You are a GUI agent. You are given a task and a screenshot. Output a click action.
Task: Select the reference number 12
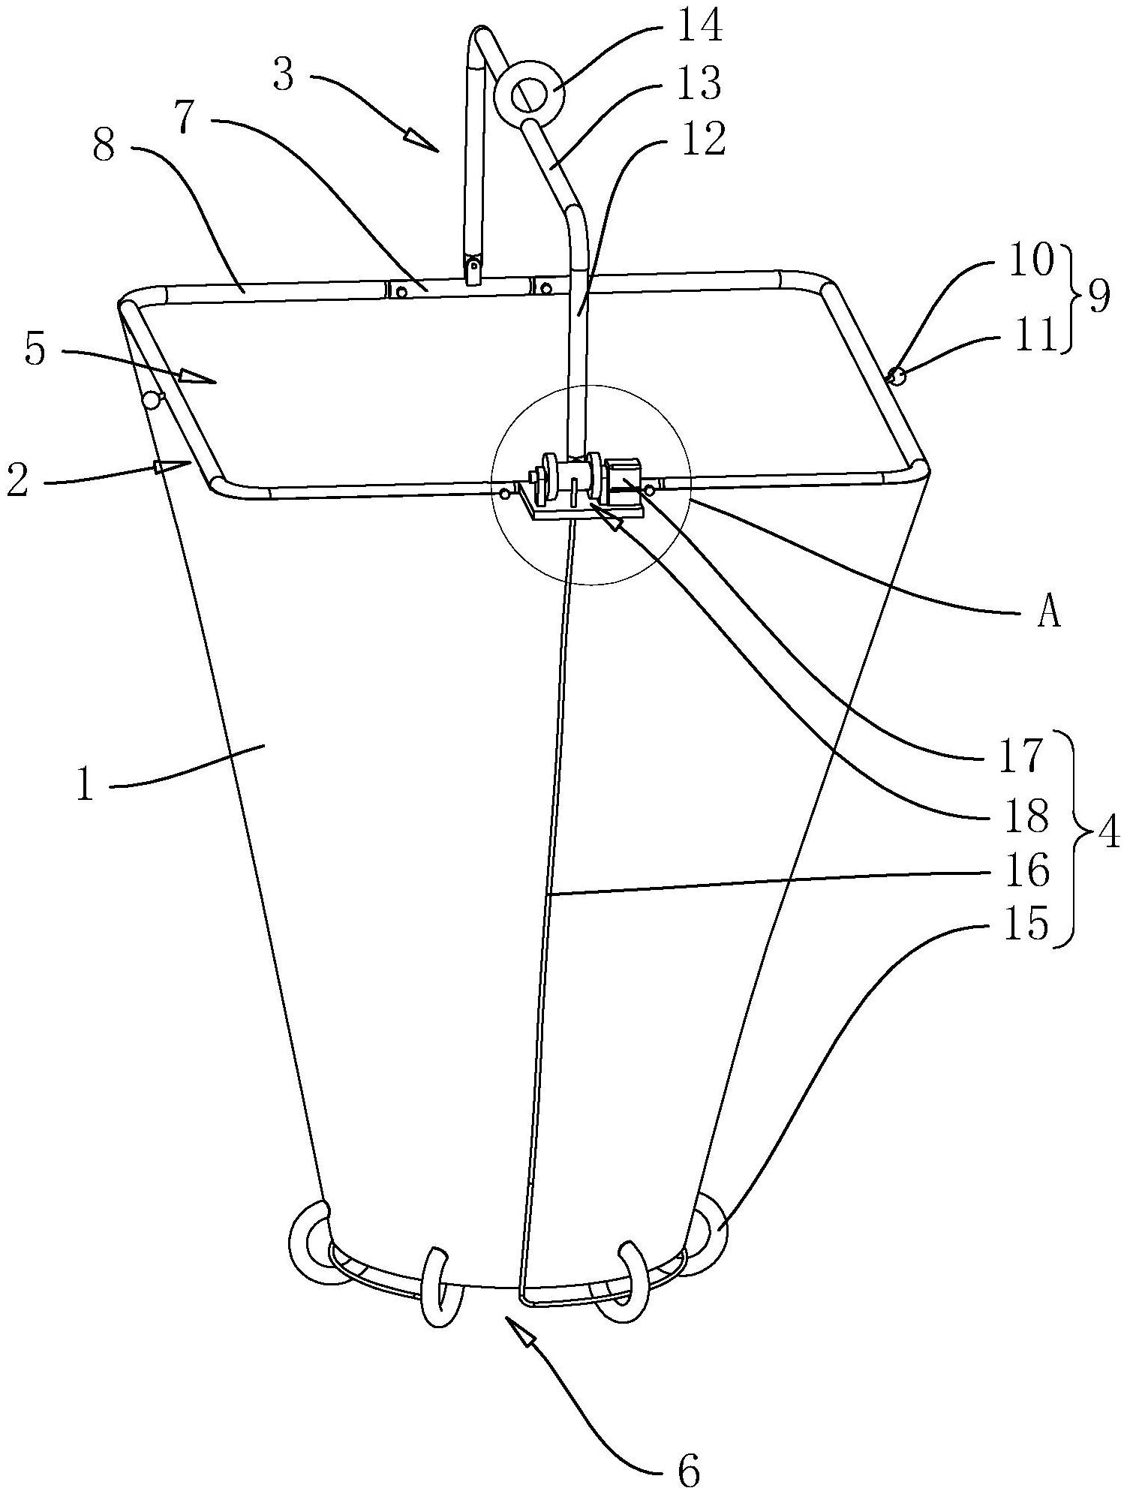[x=703, y=138]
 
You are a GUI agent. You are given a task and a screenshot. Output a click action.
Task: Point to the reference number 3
[x=284, y=75]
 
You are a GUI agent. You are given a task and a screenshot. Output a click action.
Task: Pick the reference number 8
[x=105, y=147]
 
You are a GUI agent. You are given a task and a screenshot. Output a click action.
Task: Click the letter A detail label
[x=1050, y=615]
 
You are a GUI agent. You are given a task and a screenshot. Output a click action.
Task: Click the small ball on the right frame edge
[x=896, y=375]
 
